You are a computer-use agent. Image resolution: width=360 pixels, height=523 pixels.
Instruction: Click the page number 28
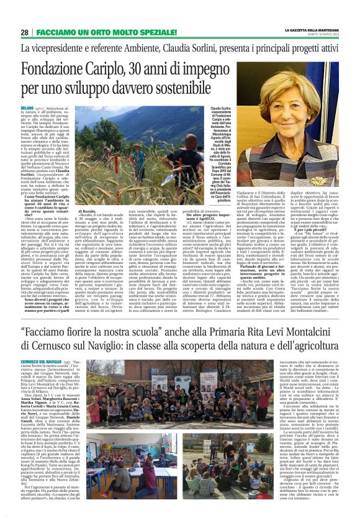coord(24,32)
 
